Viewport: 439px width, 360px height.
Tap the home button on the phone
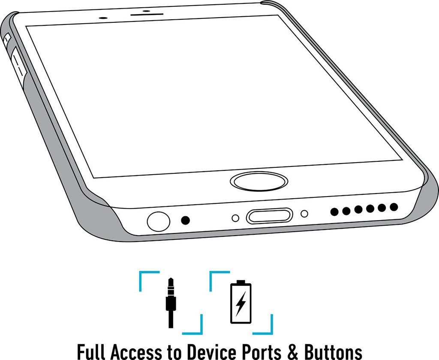(x=259, y=181)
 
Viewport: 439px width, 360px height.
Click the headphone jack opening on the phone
(x=158, y=221)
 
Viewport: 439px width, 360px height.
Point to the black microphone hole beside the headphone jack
(x=186, y=221)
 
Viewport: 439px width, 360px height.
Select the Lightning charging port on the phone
(x=269, y=215)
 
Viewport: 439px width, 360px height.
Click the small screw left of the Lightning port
(x=235, y=218)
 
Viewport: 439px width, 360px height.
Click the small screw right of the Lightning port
(x=304, y=213)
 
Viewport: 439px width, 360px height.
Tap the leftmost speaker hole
(x=334, y=212)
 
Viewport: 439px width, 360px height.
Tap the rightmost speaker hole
(x=394, y=207)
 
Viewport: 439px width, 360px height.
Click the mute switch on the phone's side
(x=7, y=39)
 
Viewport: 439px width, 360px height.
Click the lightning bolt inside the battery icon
(x=241, y=304)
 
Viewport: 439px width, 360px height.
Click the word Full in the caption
(x=92, y=351)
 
